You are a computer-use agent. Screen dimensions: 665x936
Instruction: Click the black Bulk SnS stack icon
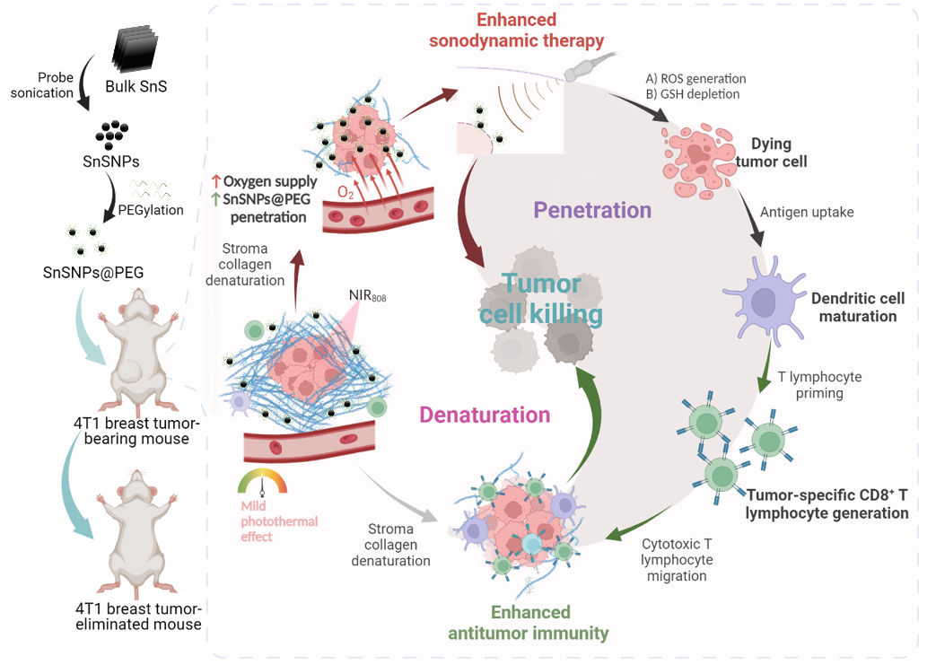136,49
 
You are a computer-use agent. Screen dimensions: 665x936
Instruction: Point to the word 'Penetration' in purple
592,211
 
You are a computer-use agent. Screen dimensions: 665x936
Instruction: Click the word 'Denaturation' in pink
485,415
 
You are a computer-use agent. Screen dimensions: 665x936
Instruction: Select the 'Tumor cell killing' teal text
540,300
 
